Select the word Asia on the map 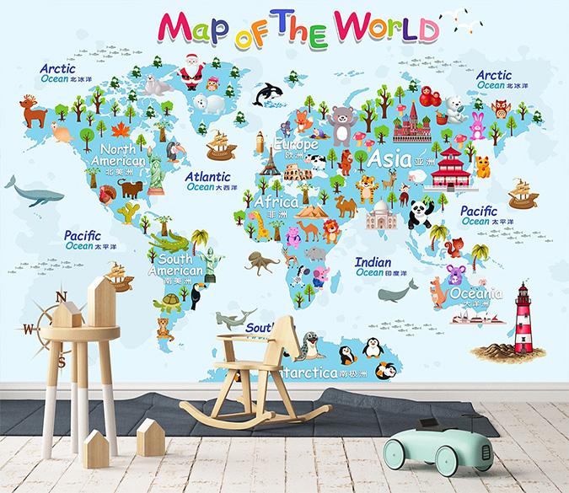pyautogui.click(x=387, y=158)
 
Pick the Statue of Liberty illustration pyautogui.click(x=157, y=169)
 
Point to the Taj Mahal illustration pyautogui.click(x=382, y=216)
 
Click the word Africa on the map pyautogui.click(x=276, y=203)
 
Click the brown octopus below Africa pyautogui.click(x=261, y=262)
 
